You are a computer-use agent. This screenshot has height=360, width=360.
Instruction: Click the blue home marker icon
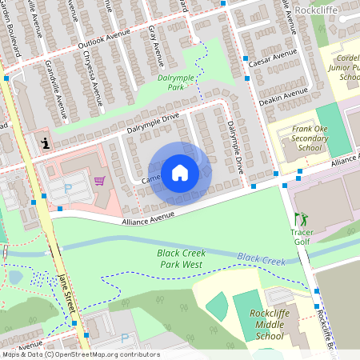click(x=180, y=173)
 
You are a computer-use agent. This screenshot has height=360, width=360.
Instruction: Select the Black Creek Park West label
click(x=181, y=258)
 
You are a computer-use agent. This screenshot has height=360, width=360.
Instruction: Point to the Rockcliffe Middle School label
click(x=266, y=324)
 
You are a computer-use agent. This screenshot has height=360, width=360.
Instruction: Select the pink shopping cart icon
click(x=99, y=181)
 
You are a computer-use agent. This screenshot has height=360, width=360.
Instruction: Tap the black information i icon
click(x=45, y=143)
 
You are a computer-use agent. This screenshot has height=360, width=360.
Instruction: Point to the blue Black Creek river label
click(x=261, y=260)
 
